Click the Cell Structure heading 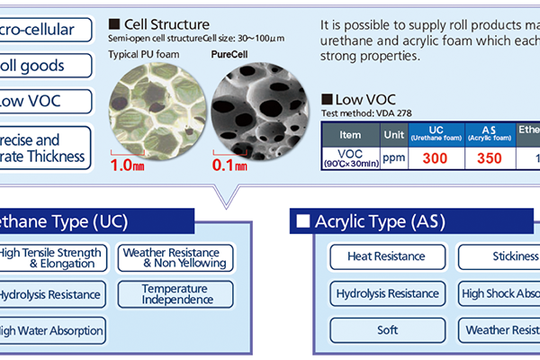tap(164, 23)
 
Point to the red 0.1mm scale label tap(229, 166)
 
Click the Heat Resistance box tap(387, 257)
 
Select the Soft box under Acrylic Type tap(387, 330)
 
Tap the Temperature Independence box tap(175, 294)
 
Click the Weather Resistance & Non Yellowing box tap(175, 257)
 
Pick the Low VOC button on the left tap(45, 101)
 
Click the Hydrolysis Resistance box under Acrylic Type tap(387, 294)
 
